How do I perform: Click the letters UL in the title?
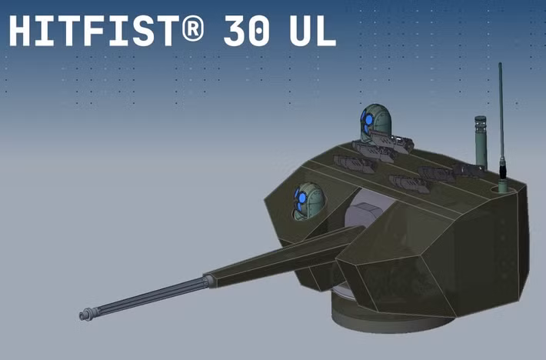point(311,32)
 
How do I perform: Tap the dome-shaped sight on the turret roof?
point(375,123)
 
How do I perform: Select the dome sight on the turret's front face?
point(308,201)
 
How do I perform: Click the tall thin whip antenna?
point(501,115)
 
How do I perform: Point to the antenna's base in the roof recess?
point(503,185)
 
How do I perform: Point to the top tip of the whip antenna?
point(500,65)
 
